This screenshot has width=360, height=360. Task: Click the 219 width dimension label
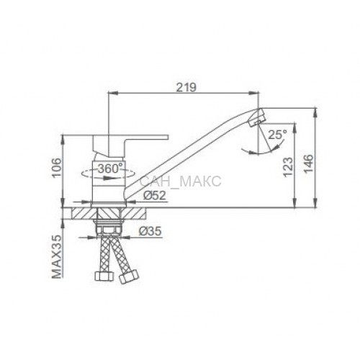pyautogui.click(x=186, y=87)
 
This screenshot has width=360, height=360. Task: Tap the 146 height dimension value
pyautogui.click(x=308, y=163)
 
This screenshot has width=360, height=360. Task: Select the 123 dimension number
pyautogui.click(x=288, y=167)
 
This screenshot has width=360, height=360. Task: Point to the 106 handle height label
pyautogui.click(x=58, y=168)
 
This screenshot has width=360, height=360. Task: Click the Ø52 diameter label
pyautogui.click(x=155, y=195)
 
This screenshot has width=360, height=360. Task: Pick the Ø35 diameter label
pyautogui.click(x=150, y=231)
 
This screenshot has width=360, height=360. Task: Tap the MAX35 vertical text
pyautogui.click(x=57, y=256)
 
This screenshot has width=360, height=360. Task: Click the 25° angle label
pyautogui.click(x=277, y=135)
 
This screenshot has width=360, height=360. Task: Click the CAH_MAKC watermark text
pyautogui.click(x=180, y=181)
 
